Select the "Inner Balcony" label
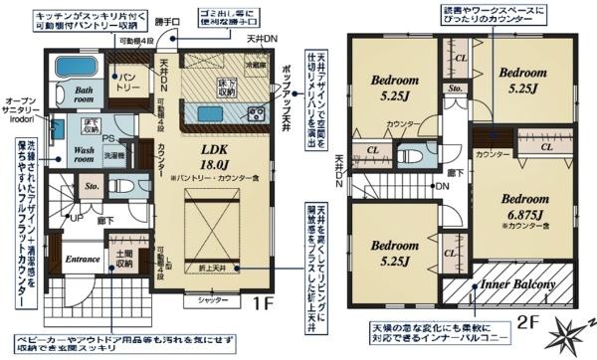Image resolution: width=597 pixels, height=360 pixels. pyautogui.click(x=516, y=287)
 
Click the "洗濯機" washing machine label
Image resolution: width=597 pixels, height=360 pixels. pyautogui.click(x=113, y=156)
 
